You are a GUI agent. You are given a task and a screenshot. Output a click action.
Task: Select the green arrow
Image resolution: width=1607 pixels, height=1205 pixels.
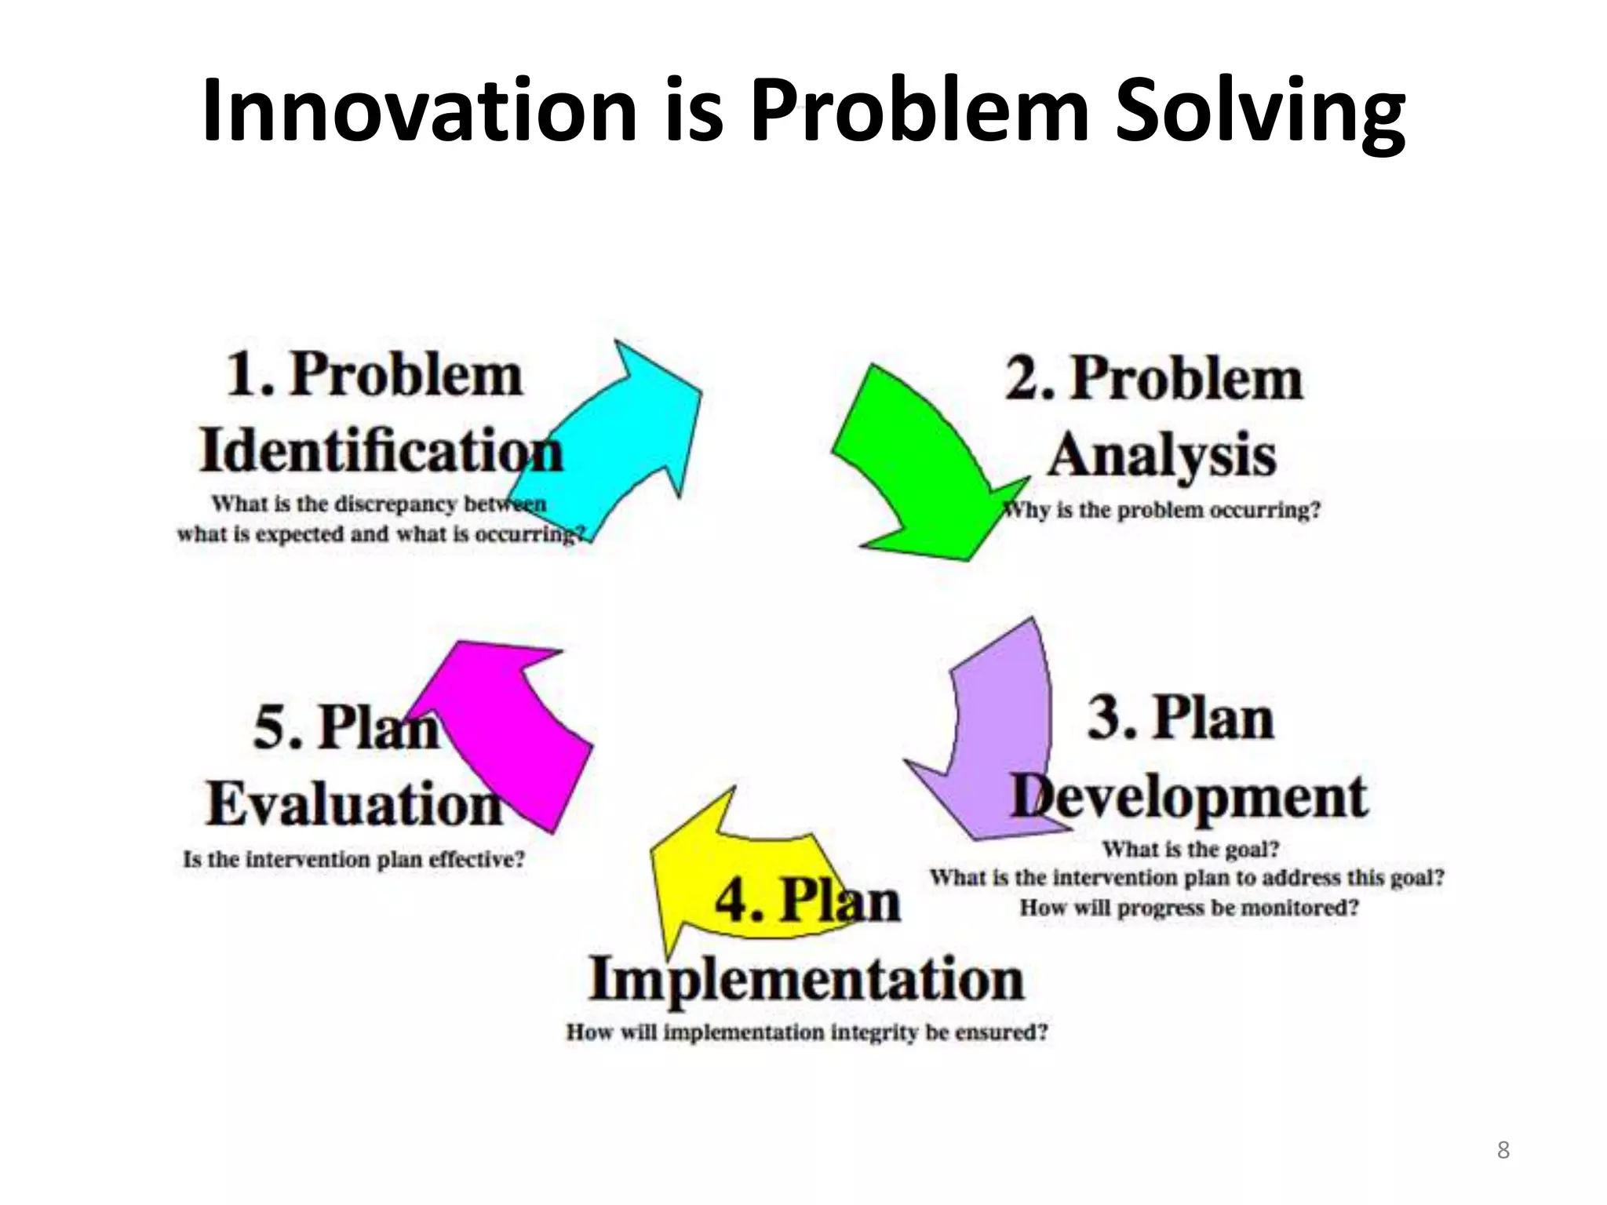coord(918,471)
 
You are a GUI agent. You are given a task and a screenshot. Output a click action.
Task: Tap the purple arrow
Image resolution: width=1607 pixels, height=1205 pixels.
coord(997,730)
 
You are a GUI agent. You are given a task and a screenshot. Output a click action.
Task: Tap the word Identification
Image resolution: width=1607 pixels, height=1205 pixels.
coord(381,451)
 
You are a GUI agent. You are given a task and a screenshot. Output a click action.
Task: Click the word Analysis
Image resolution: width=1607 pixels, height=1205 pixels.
coord(1162,455)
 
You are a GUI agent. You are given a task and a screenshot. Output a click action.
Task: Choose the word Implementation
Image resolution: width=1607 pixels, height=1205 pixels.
coord(807,979)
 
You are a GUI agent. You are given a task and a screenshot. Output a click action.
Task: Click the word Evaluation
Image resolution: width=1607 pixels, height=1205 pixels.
coord(354,804)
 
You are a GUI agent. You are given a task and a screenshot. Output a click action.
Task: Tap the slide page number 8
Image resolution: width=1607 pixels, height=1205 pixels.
coord(1503,1150)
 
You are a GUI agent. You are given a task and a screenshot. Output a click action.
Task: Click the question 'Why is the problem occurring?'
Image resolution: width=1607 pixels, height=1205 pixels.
coord(1162,510)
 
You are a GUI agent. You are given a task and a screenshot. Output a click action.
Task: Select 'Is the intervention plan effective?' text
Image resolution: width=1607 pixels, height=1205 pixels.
coord(354,859)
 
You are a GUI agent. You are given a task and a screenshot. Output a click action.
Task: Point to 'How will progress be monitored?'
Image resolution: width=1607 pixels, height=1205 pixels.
coord(1189,908)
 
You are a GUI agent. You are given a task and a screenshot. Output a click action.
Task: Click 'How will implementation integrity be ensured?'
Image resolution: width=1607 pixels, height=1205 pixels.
coord(807,1032)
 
